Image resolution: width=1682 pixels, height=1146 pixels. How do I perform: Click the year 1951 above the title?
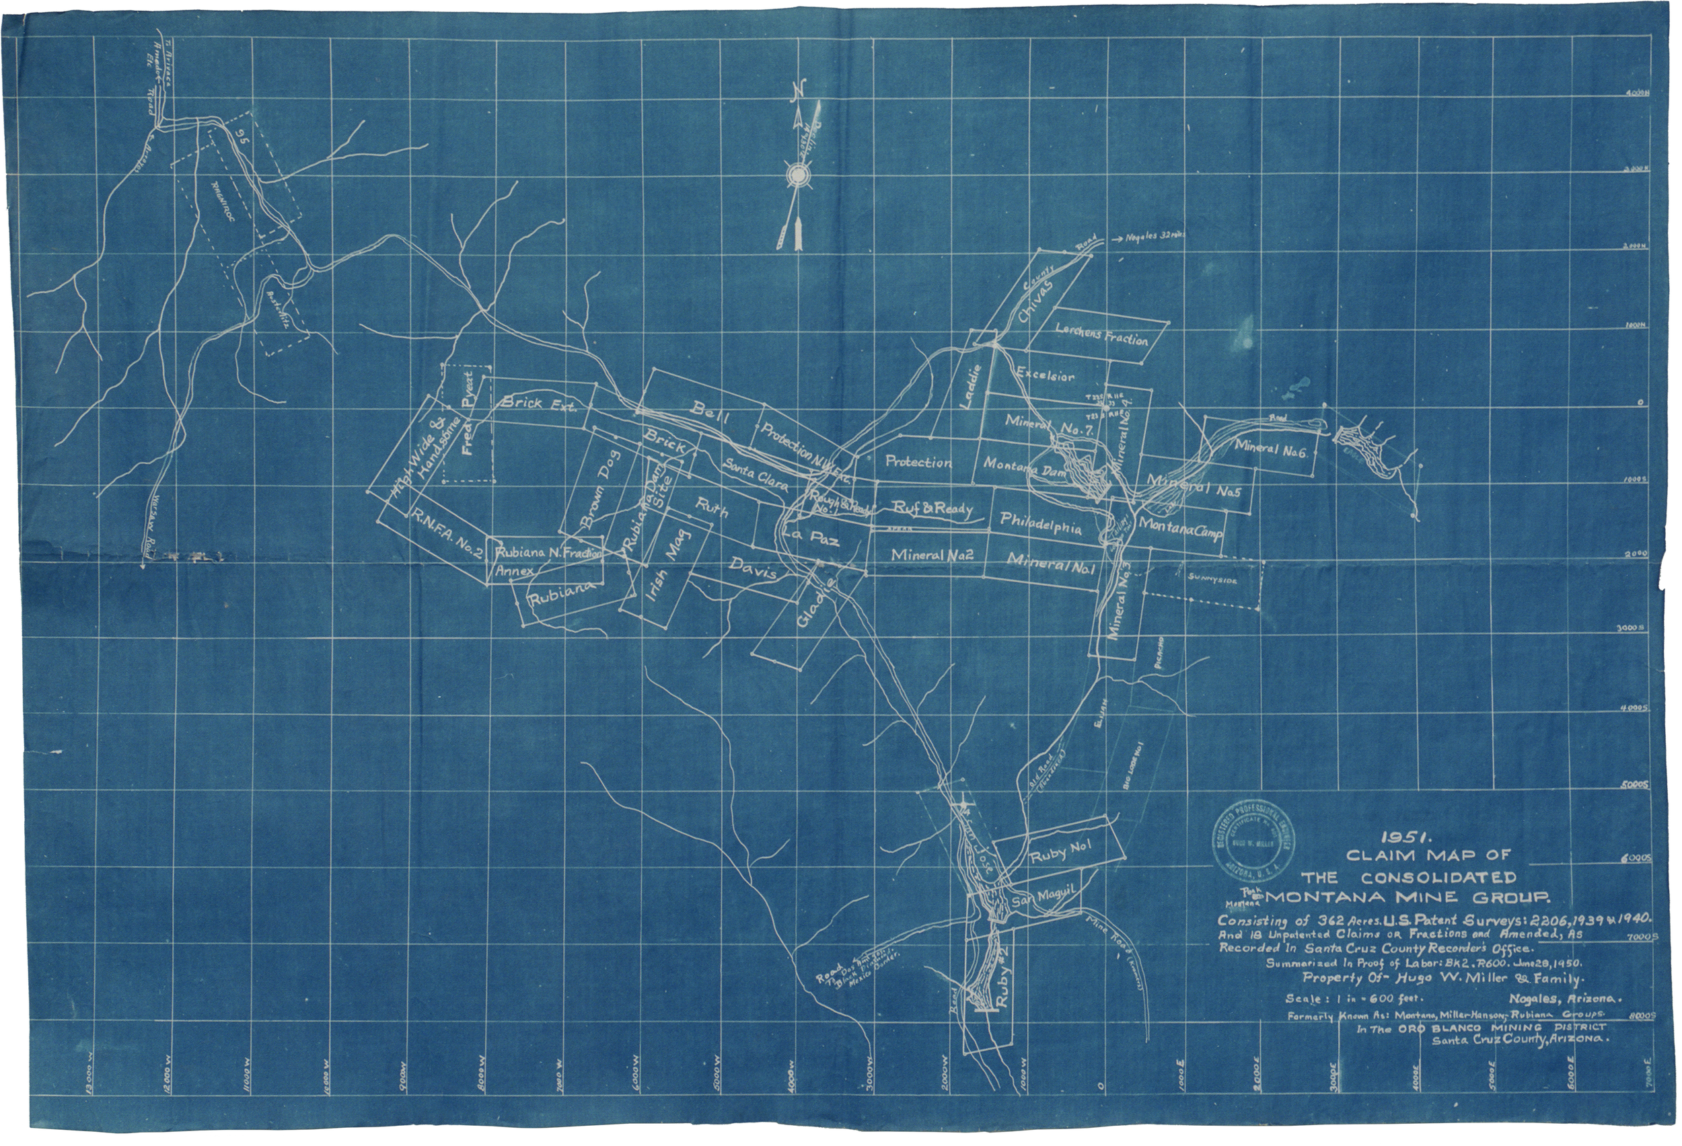coord(1403,838)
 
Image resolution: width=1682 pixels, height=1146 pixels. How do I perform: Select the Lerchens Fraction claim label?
coord(1101,334)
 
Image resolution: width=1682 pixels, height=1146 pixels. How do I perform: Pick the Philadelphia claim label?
coord(1041,523)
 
